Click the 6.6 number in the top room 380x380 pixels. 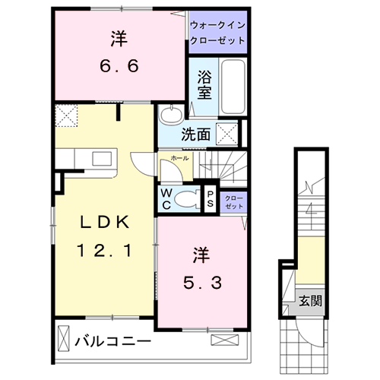pos(119,67)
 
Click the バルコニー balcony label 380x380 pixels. pos(112,342)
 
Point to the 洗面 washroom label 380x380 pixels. pos(195,135)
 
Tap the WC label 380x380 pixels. pos(166,198)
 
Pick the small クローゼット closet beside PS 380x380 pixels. pos(234,201)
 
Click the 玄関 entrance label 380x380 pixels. pos(310,300)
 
